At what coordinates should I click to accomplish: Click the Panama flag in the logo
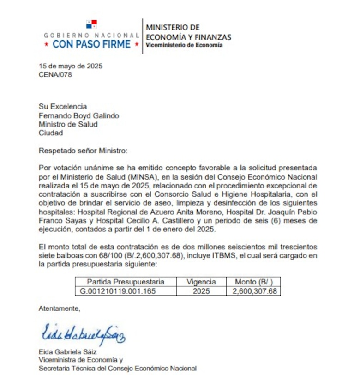pyautogui.click(x=91, y=24)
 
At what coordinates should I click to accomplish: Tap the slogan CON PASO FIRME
pyautogui.click(x=92, y=45)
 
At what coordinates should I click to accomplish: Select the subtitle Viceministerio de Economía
pyautogui.click(x=184, y=45)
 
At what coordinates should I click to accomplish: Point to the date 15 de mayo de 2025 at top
pyautogui.click(x=71, y=66)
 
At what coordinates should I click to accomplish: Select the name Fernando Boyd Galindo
pyautogui.click(x=79, y=115)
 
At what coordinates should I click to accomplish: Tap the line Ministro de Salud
pyautogui.click(x=68, y=124)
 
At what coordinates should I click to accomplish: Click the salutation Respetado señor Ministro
pyautogui.click(x=82, y=150)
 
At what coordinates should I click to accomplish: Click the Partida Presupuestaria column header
pyautogui.click(x=126, y=282)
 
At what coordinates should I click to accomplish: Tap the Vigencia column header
pyautogui.click(x=201, y=282)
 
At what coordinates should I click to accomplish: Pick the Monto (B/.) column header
pyautogui.click(x=253, y=282)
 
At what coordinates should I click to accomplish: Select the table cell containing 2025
pyautogui.click(x=201, y=291)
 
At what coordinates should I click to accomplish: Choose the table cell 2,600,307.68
pyautogui.click(x=254, y=291)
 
